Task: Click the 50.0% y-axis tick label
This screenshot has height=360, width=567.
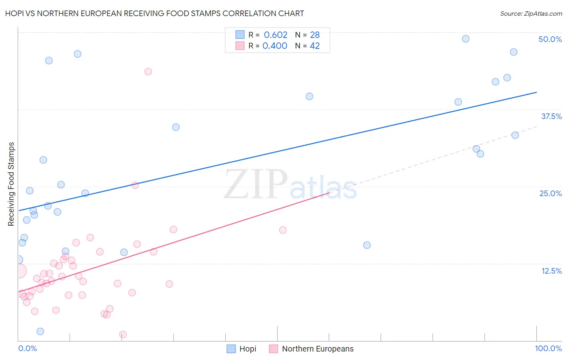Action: (x=550, y=39)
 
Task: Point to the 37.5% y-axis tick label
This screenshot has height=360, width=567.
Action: (x=551, y=116)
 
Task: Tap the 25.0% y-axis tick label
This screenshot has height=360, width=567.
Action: (x=550, y=194)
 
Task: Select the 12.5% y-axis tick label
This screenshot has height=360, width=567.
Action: (x=552, y=271)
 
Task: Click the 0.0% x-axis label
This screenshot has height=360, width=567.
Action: (x=27, y=348)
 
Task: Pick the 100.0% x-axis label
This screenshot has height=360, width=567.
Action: (x=548, y=348)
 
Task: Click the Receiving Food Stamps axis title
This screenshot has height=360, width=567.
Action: (x=11, y=184)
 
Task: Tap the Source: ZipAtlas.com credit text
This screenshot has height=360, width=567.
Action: (x=531, y=14)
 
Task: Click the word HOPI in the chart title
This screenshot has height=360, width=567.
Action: (x=14, y=13)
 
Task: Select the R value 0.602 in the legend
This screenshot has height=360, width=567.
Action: (x=275, y=35)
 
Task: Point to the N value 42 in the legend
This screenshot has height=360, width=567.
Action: (x=315, y=46)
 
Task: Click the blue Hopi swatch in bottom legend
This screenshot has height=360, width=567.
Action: (x=231, y=349)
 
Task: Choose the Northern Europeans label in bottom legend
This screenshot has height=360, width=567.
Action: (x=318, y=349)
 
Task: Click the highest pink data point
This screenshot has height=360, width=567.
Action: (x=148, y=72)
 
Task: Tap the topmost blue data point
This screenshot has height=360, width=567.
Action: (x=465, y=39)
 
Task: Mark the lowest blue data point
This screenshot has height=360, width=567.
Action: (x=40, y=331)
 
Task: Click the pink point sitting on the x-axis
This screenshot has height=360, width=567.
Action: (x=123, y=335)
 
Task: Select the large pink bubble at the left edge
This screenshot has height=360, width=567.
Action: (x=19, y=271)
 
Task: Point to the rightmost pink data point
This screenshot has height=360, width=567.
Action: (x=283, y=230)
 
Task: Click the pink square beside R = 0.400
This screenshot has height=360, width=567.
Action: (x=240, y=46)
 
